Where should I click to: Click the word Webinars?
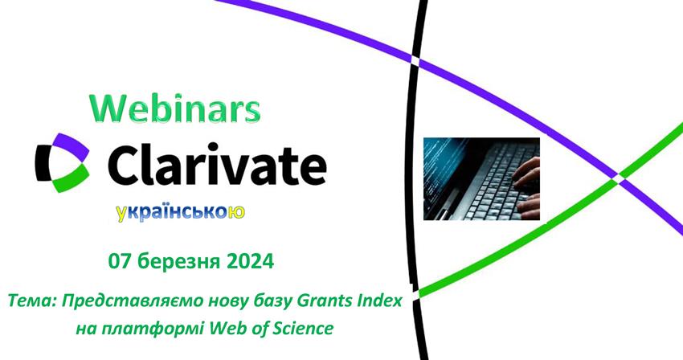point(175,108)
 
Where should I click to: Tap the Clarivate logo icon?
point(63,162)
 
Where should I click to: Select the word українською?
point(180,213)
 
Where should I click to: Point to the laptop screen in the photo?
point(442,174)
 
